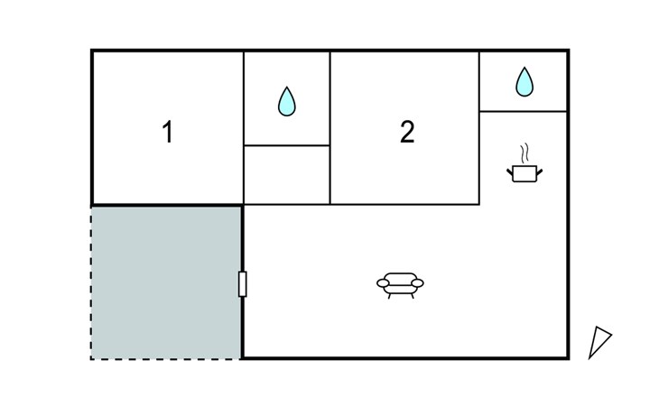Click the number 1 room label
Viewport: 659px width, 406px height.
tap(168, 132)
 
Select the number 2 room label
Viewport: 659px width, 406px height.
tap(407, 132)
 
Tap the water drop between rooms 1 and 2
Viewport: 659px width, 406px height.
tap(287, 101)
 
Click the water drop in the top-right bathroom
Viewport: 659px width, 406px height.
tap(524, 82)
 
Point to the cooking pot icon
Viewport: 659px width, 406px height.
tap(524, 173)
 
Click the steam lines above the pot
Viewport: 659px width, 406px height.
tap(524, 153)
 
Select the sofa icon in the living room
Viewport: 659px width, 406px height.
tap(400, 285)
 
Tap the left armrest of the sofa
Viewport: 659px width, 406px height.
tap(383, 283)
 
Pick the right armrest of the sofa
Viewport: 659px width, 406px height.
tap(417, 283)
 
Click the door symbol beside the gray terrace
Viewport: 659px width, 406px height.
tap(243, 284)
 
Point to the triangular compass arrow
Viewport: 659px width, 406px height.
tap(599, 342)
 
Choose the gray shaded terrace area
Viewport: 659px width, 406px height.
tap(166, 282)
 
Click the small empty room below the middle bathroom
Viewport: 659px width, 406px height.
tap(287, 175)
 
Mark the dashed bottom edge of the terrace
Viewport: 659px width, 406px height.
tap(166, 359)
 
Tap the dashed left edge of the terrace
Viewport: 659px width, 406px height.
tap(91, 282)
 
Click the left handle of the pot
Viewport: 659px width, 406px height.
tap(510, 171)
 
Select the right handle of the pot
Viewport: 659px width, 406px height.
tap(539, 171)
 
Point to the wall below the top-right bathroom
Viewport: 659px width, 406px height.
tap(524, 111)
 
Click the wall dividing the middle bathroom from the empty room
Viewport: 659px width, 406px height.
tap(287, 145)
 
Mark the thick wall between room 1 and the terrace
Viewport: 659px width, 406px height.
tap(167, 206)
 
